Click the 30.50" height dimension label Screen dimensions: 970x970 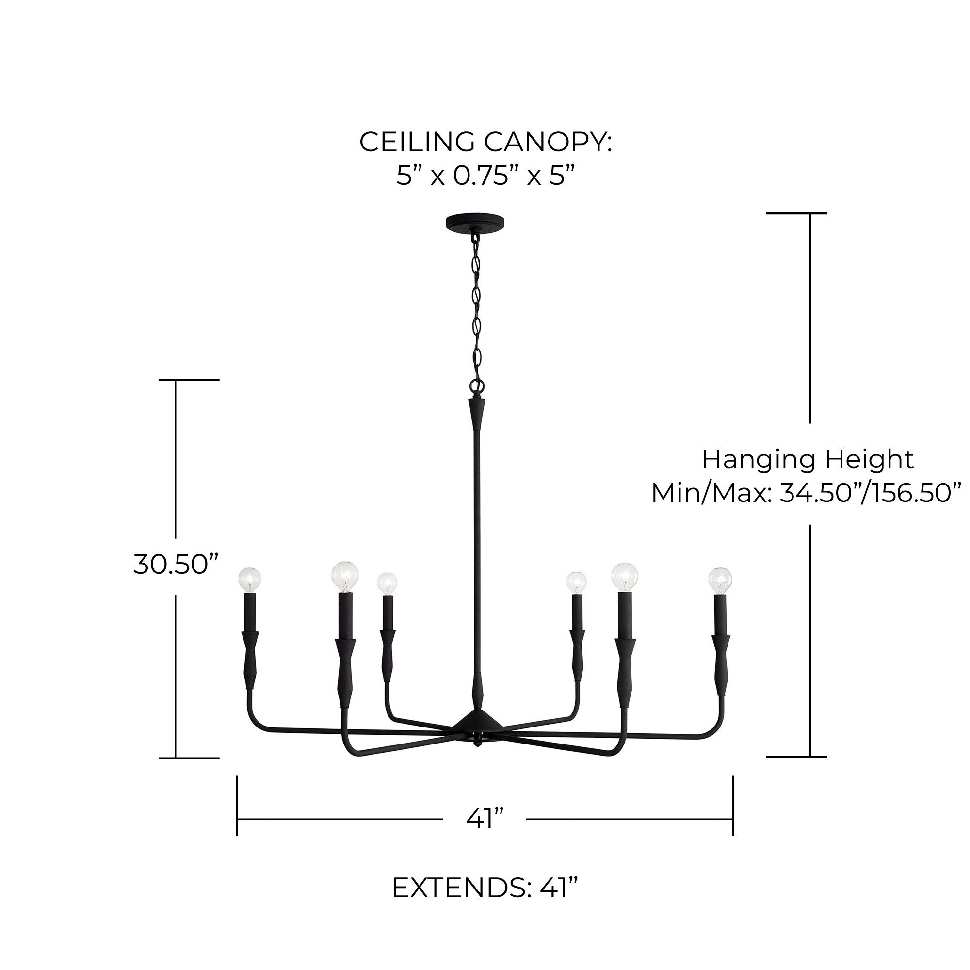click(177, 565)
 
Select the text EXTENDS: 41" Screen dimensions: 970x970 click(485, 888)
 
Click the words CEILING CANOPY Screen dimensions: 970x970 click(485, 142)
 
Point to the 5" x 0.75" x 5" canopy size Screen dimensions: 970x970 click(485, 176)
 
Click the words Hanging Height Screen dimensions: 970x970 click(808, 459)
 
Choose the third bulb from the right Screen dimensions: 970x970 click(576, 582)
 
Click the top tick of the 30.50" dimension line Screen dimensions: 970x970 click(189, 380)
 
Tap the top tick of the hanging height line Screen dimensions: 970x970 click(796, 213)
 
